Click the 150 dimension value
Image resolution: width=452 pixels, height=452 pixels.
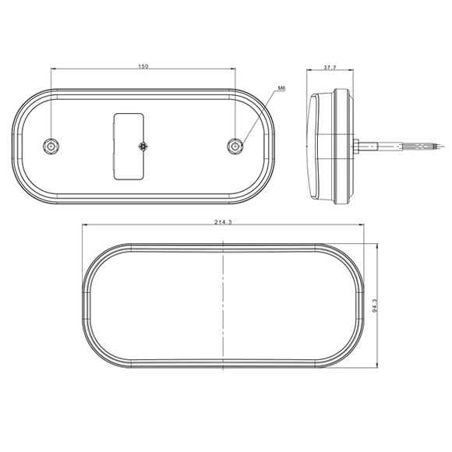143,67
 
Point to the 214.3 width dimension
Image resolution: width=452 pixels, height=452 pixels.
223,223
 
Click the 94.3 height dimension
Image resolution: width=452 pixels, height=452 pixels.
374,305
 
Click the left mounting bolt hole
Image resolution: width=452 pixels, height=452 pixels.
51,146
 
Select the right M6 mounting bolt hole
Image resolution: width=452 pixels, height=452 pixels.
235,146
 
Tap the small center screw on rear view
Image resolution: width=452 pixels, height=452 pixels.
142,146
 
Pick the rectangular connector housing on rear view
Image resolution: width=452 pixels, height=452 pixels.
129,146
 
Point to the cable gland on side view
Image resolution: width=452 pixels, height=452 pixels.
355,145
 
